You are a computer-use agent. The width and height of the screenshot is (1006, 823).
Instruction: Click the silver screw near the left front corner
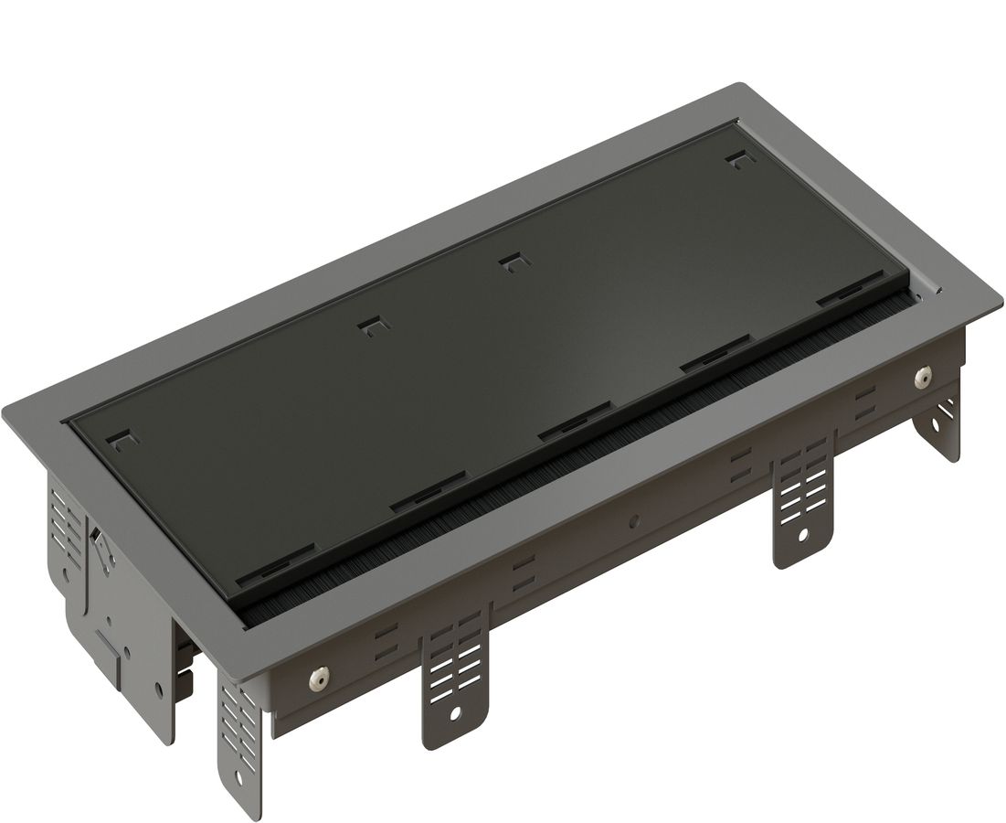[319, 678]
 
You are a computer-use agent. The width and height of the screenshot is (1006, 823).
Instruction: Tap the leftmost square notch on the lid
[122, 441]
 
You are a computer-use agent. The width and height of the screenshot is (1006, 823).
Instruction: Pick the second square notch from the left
[370, 326]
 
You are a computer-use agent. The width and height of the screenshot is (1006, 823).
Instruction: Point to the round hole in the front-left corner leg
[239, 776]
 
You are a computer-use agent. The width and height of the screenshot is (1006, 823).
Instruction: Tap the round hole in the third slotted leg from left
[803, 534]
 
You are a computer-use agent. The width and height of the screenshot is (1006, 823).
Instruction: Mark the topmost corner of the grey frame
[738, 85]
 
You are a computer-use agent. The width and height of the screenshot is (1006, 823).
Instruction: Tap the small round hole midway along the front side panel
[632, 524]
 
